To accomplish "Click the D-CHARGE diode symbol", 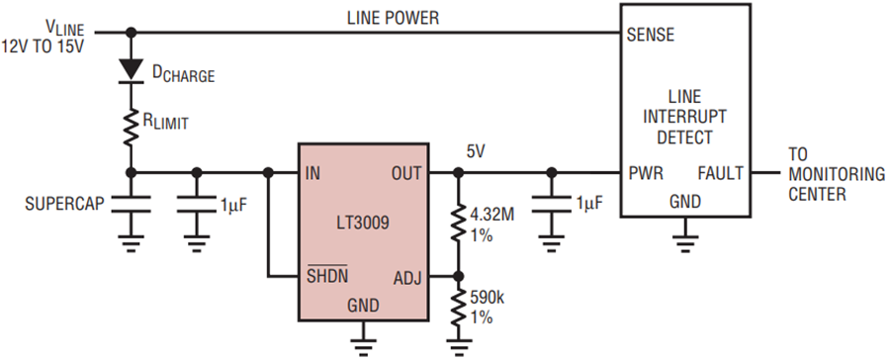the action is tap(132, 70).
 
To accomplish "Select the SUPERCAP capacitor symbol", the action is tap(132, 204).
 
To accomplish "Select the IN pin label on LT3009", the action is tap(312, 173).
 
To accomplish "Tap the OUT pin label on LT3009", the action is tap(406, 173).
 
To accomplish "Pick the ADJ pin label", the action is tap(408, 278).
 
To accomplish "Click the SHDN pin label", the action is tap(327, 276).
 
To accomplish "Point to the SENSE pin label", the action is tap(651, 35).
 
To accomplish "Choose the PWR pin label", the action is tap(646, 173).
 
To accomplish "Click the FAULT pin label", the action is tap(719, 173).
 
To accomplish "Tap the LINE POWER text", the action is tap(394, 18).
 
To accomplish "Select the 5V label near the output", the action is tap(476, 151).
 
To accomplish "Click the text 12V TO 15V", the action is tap(43, 46).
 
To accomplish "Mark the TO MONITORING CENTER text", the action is tap(837, 174).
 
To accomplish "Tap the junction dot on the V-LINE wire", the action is tap(132, 33).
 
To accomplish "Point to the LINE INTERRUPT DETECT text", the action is tap(684, 117).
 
